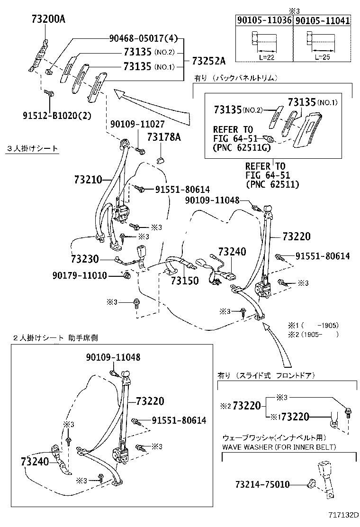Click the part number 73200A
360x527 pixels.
(48, 19)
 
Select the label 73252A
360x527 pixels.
(209, 60)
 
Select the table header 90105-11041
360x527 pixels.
(323, 20)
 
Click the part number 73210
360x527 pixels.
(88, 180)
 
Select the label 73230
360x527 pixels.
(85, 259)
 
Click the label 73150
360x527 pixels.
(185, 281)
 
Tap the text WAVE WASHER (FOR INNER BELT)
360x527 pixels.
(279, 447)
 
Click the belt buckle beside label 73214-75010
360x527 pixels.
(324, 479)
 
